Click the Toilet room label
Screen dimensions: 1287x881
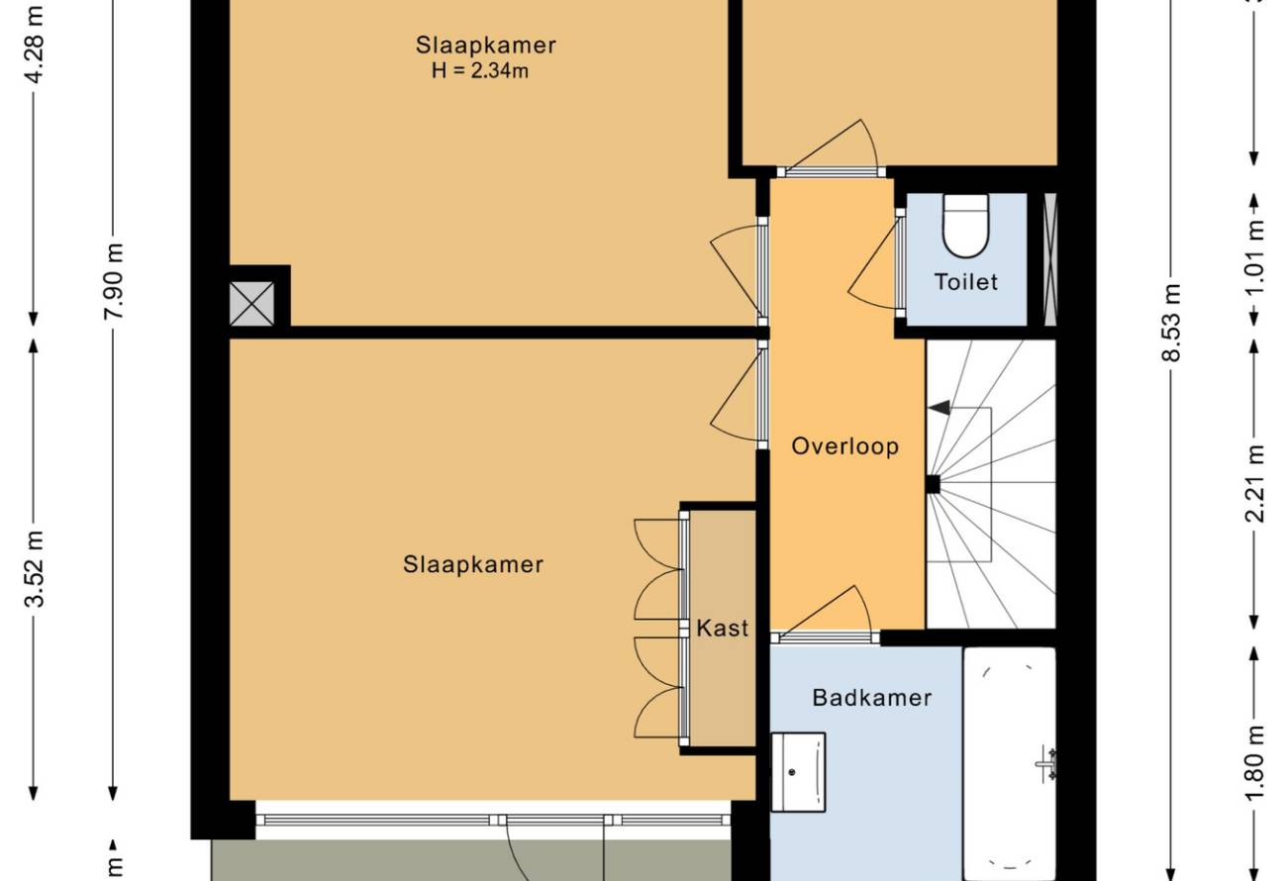pyautogui.click(x=966, y=282)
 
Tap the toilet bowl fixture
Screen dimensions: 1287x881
pyautogui.click(x=965, y=226)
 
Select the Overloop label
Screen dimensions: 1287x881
pyautogui.click(x=844, y=446)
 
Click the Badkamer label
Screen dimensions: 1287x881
pyautogui.click(x=871, y=698)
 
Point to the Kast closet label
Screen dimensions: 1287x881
pyautogui.click(x=723, y=628)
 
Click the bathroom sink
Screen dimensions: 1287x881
pyautogui.click(x=798, y=772)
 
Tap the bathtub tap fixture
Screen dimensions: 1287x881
pyautogui.click(x=1046, y=764)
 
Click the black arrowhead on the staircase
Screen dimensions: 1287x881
pyautogui.click(x=940, y=408)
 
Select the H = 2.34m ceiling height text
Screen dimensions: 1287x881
pyautogui.click(x=480, y=70)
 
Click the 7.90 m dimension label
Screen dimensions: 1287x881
pyautogui.click(x=113, y=281)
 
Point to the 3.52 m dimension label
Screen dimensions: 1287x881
pyautogui.click(x=35, y=569)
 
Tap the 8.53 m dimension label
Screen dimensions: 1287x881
pyautogui.click(x=1170, y=323)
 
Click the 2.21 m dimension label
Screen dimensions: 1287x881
pyautogui.click(x=1254, y=483)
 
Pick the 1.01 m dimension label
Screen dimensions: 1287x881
pyautogui.click(x=1254, y=256)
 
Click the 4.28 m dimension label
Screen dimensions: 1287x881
pyautogui.click(x=35, y=46)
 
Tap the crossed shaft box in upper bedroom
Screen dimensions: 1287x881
pyautogui.click(x=251, y=304)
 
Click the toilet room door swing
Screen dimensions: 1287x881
pyautogui.click(x=872, y=264)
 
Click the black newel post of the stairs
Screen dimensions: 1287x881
pyautogui.click(x=933, y=485)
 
